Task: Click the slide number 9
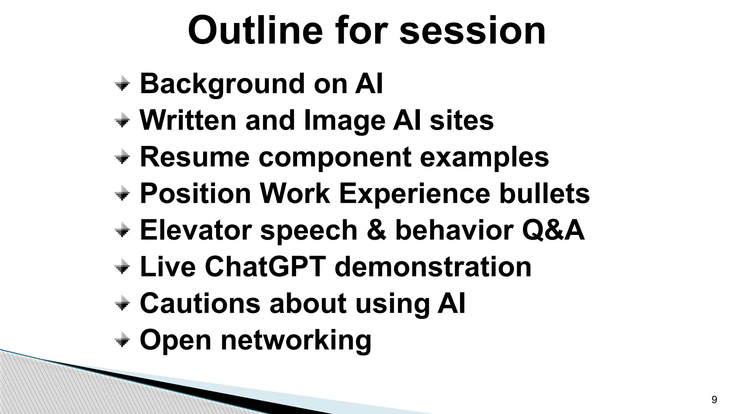point(714,400)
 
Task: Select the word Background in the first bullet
point(221,84)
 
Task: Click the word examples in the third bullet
point(484,157)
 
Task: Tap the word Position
point(195,193)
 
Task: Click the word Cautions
point(200,303)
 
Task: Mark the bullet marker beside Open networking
point(122,340)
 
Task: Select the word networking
point(296,341)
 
